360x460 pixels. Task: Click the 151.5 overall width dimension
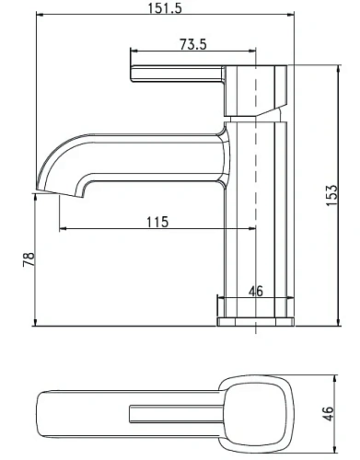pyautogui.click(x=162, y=8)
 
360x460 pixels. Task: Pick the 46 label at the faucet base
pyautogui.click(x=256, y=292)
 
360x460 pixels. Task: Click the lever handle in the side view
pyautogui.click(x=175, y=75)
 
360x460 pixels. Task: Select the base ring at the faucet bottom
pyautogui.click(x=255, y=321)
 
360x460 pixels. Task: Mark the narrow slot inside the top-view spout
pyautogui.click(x=175, y=408)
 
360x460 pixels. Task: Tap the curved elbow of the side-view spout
pyautogui.click(x=69, y=152)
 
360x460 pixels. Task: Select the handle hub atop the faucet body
pyautogui.click(x=255, y=90)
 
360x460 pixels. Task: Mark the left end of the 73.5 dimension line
pyautogui.click(x=129, y=52)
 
